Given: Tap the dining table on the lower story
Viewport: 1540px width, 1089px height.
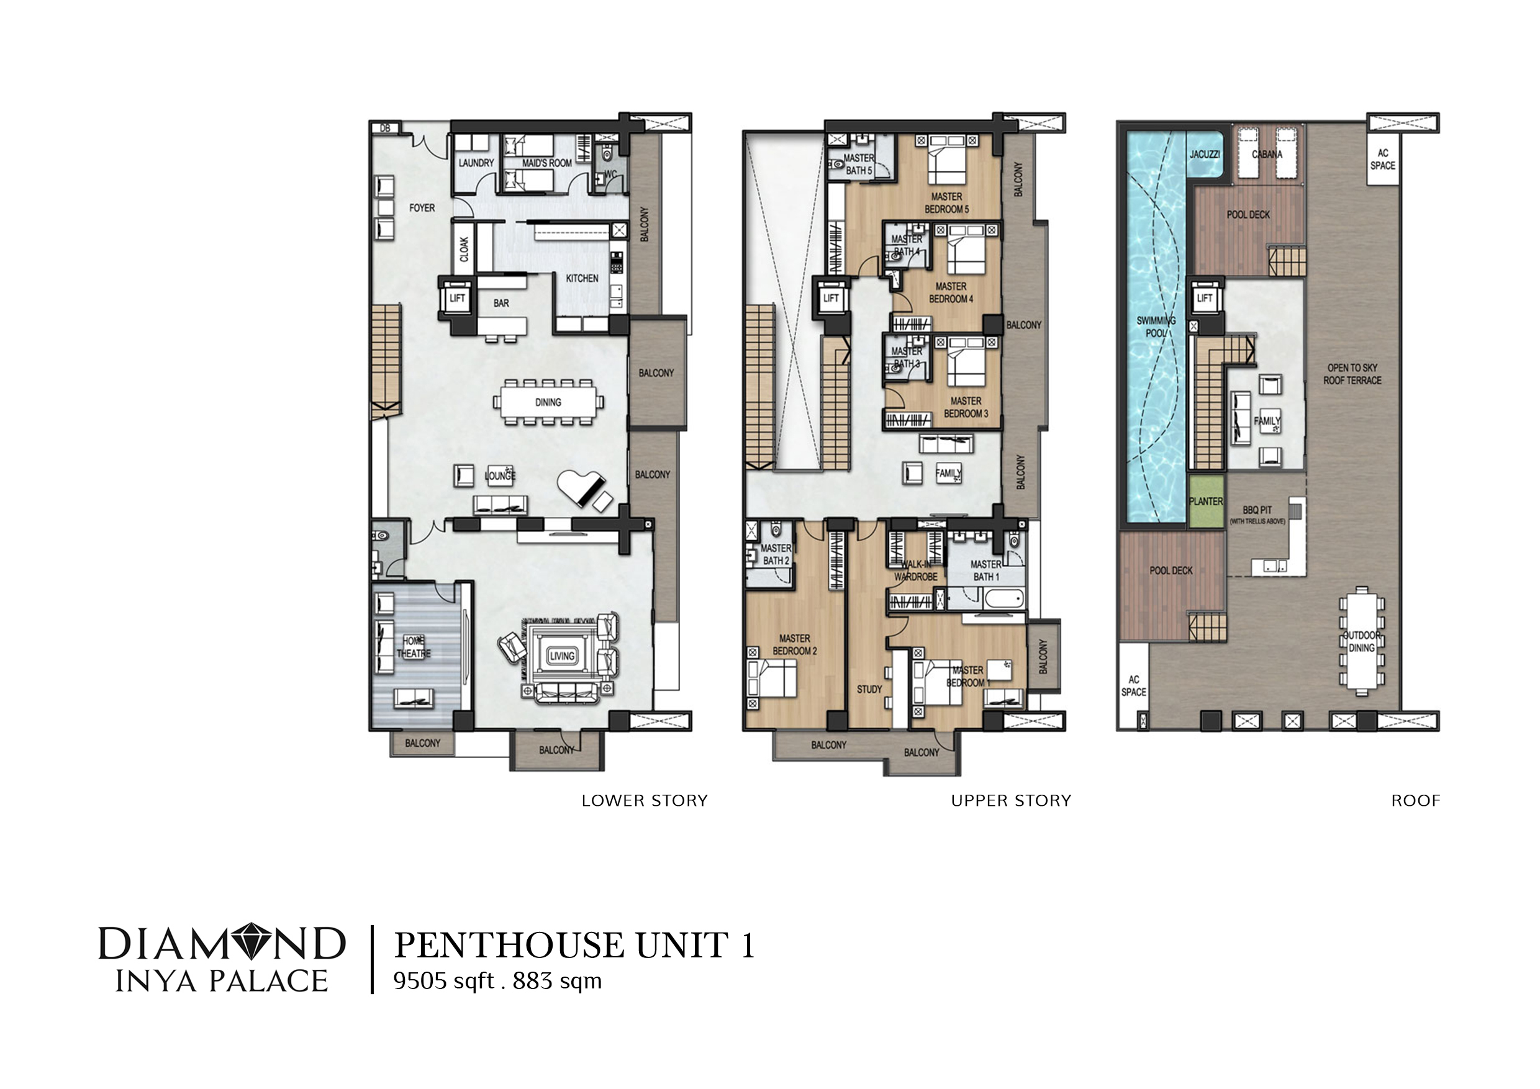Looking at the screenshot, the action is click(548, 402).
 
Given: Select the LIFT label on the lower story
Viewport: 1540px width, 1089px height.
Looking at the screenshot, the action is click(457, 299).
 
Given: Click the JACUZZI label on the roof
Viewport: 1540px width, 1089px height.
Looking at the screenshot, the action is click(1205, 154).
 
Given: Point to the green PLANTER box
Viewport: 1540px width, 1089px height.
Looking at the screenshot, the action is click(1206, 501).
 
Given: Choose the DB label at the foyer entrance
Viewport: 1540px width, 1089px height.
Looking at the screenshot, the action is click(385, 128).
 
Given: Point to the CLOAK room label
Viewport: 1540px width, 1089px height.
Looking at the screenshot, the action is click(464, 250).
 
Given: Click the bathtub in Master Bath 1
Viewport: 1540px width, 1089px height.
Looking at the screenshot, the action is click(1002, 597).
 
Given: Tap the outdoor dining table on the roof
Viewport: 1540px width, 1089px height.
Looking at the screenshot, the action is click(1361, 641).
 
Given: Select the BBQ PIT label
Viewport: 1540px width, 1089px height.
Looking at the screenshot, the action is click(1257, 510).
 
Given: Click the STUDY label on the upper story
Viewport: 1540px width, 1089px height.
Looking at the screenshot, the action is click(869, 689).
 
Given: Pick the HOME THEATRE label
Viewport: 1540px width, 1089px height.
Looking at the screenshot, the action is click(413, 647).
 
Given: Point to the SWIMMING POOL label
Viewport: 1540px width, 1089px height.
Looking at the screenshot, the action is click(1156, 327).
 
